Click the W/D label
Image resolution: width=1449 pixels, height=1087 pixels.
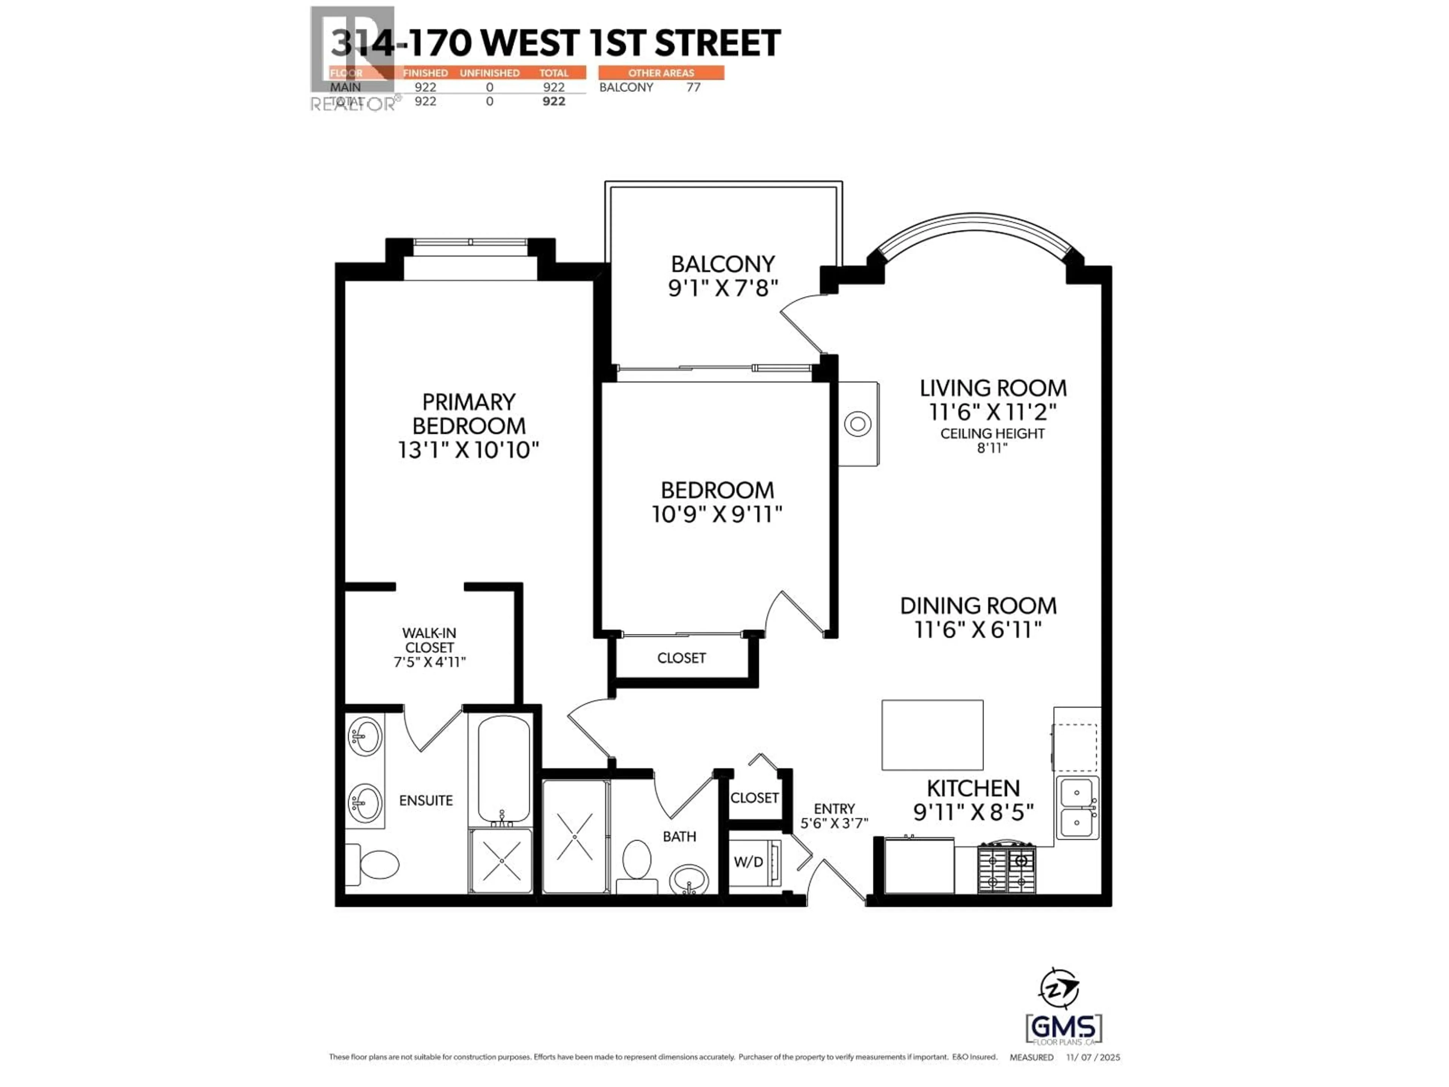748,862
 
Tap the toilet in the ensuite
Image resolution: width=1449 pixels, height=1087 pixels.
378,864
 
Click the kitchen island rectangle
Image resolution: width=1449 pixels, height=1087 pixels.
932,734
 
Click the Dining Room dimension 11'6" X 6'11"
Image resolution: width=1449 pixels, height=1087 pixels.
978,630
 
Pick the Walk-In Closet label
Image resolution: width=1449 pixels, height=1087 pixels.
429,640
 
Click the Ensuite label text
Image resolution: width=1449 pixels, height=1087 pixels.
426,800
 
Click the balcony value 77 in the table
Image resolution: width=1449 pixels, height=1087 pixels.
693,87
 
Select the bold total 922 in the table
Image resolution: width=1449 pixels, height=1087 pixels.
554,101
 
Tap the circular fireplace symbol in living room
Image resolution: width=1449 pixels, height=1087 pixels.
857,424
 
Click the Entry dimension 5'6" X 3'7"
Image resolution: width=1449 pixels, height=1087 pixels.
834,823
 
